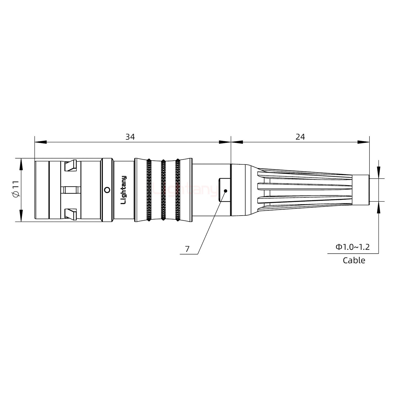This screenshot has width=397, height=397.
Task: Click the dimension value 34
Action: click(x=130, y=137)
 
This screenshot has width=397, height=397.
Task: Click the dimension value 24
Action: click(x=300, y=137)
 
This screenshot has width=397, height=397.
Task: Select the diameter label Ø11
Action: click(x=16, y=190)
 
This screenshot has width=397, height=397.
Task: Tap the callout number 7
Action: click(x=187, y=249)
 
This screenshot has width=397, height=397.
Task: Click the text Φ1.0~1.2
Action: click(x=352, y=247)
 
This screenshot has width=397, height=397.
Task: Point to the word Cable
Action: click(x=354, y=260)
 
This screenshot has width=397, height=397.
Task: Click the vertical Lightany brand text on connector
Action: click(x=124, y=190)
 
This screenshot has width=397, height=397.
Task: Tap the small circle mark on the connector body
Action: click(x=107, y=190)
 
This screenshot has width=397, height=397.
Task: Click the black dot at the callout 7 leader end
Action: click(x=226, y=191)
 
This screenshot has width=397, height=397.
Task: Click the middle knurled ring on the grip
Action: click(x=163, y=190)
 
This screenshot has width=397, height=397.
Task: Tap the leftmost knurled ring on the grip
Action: click(x=149, y=190)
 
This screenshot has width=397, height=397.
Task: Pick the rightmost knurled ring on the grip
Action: click(x=178, y=190)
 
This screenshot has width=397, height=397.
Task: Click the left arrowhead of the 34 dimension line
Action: click(x=40, y=142)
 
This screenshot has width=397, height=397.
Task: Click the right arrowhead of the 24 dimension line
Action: click(x=364, y=142)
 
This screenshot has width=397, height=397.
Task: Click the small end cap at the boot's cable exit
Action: click(x=361, y=190)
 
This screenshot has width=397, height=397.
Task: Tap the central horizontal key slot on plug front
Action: click(x=71, y=190)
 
